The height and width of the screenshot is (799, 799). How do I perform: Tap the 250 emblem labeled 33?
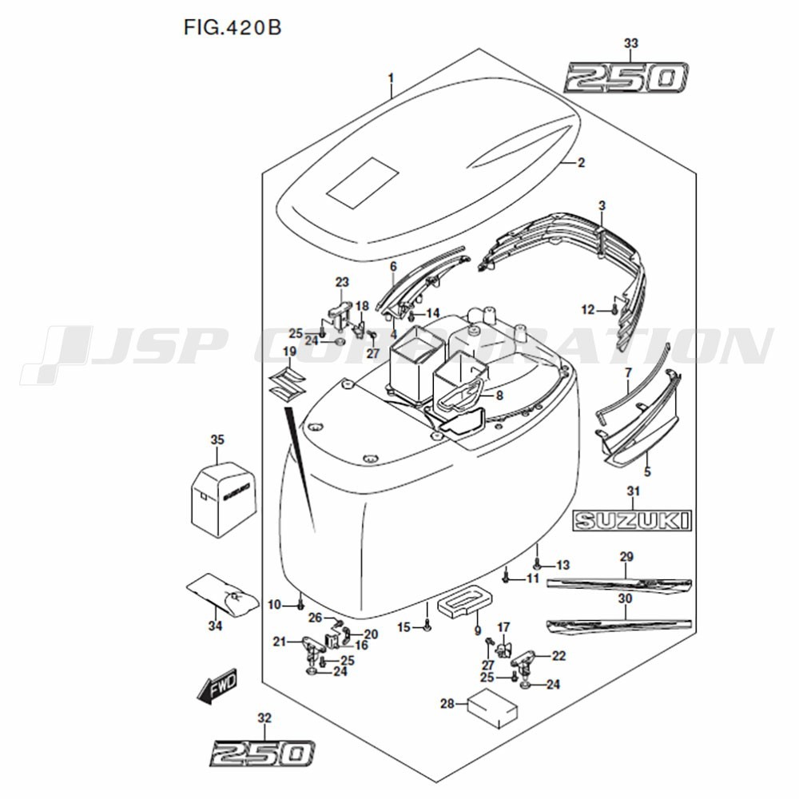coord(626,79)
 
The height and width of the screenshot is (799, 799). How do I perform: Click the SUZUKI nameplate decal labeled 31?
coord(631,522)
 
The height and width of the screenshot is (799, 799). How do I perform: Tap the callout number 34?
coord(214,626)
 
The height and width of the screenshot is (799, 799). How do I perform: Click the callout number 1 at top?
coord(391,78)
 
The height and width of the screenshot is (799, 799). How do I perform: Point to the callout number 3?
coord(602,206)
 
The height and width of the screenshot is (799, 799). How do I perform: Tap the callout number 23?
coord(342,282)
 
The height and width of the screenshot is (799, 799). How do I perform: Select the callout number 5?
coord(647,471)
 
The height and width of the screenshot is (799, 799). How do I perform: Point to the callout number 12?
coord(588,309)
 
